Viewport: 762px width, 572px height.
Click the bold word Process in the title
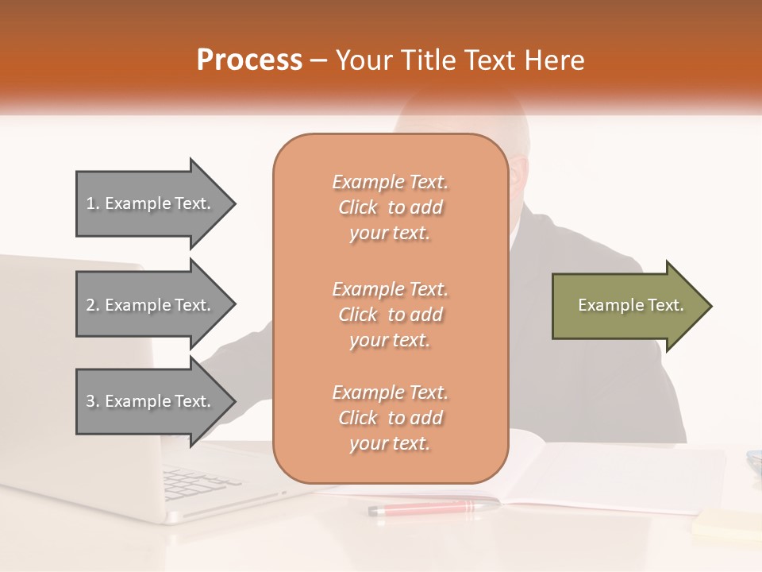coord(249,60)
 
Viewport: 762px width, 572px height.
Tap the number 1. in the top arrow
coord(93,204)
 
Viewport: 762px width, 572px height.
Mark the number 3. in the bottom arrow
coord(93,402)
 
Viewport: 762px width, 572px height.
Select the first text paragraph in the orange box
coord(390,207)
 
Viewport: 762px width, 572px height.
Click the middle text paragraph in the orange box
coord(390,315)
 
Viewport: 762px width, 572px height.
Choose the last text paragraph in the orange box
coord(390,418)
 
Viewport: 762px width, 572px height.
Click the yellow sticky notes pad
coord(726,524)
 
